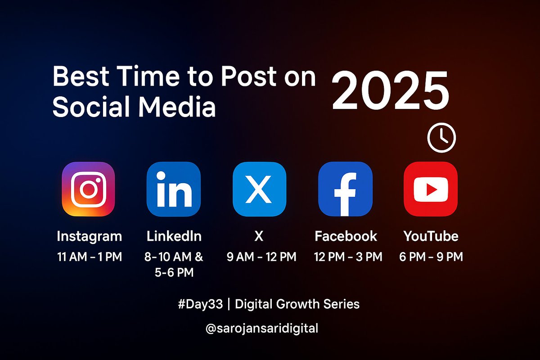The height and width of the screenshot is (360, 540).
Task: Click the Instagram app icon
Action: point(88,189)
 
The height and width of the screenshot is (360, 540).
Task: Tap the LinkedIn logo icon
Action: point(174,189)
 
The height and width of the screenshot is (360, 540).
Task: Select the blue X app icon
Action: point(259,189)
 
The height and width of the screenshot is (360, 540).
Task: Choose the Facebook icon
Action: point(345,189)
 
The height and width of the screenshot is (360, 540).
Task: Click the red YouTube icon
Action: point(431,189)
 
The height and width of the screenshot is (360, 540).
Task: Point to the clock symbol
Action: point(441,138)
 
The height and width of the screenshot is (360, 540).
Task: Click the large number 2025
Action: point(390,92)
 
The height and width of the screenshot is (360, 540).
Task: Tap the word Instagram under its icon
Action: point(90,236)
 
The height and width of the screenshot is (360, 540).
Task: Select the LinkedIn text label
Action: point(174,236)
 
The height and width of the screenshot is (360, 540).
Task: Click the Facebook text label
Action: point(346,236)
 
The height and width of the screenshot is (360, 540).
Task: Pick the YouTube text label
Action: point(431,236)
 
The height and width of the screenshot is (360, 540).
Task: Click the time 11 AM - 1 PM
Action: point(90,257)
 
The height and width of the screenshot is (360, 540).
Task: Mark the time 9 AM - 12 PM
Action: point(261,257)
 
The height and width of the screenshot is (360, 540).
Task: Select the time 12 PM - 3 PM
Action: point(348,257)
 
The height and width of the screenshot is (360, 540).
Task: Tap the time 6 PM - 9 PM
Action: point(431,257)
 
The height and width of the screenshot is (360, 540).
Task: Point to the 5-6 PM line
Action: point(174,272)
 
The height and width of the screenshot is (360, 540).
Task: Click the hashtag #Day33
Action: point(200,304)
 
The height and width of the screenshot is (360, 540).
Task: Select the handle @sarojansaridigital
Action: point(261,328)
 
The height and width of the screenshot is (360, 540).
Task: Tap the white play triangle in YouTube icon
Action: point(432,190)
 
